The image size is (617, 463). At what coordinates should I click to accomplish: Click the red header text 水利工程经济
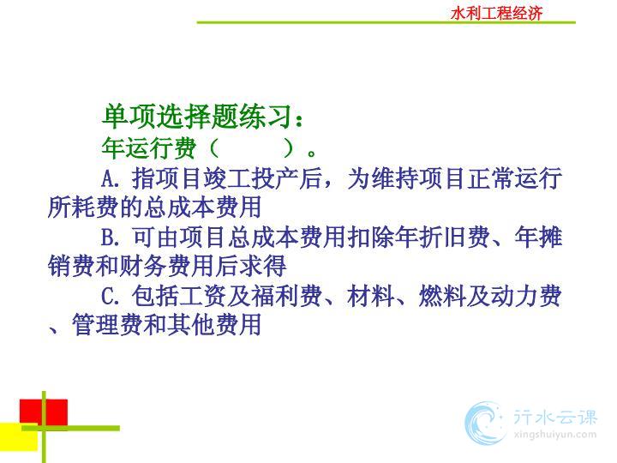click(x=496, y=13)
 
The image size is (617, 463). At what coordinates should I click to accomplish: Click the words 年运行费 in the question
click(x=149, y=148)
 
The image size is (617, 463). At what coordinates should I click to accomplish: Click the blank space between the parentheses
click(x=251, y=148)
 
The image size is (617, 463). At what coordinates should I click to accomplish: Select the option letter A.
click(x=109, y=178)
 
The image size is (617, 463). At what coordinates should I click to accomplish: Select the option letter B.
click(x=108, y=238)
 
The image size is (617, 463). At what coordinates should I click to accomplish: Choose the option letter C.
click(x=108, y=297)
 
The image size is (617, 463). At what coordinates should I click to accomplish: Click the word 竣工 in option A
click(x=227, y=178)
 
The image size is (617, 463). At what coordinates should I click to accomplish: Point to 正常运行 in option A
click(x=514, y=178)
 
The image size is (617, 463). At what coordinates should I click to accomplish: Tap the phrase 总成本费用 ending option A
click(x=202, y=207)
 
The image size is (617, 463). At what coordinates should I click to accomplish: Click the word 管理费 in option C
click(x=107, y=325)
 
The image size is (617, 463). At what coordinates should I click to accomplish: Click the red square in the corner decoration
click(x=44, y=412)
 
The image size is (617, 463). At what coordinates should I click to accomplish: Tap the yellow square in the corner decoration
click(x=19, y=437)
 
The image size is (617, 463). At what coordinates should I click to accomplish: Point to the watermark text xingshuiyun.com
click(x=554, y=435)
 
